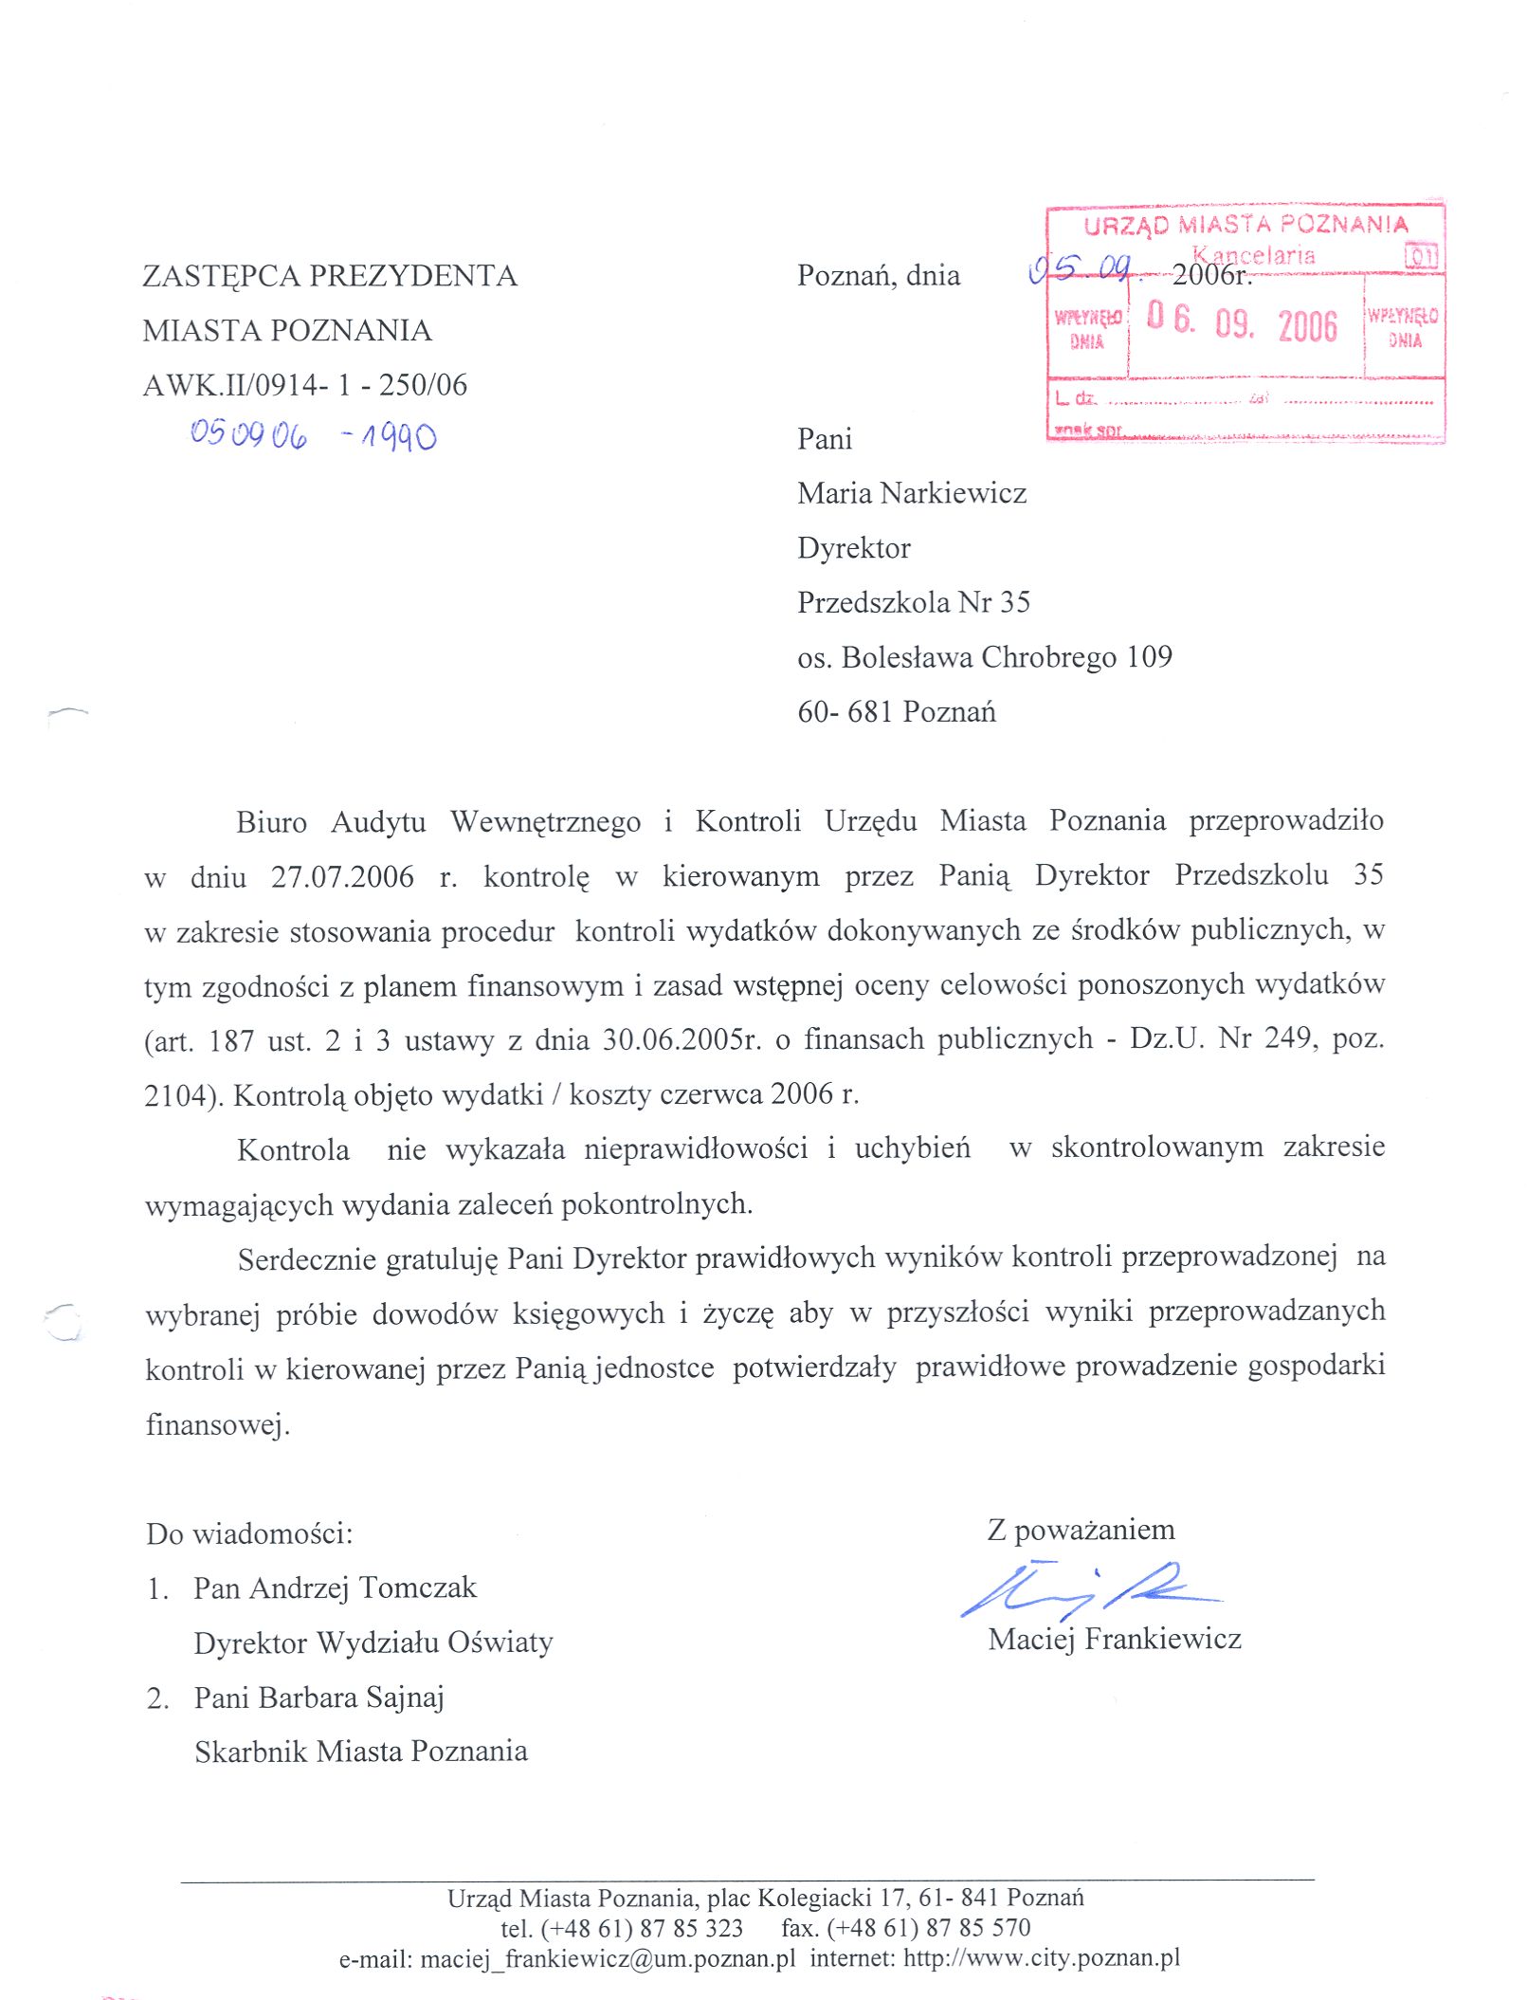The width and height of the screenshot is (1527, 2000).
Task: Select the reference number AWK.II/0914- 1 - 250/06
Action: click(304, 385)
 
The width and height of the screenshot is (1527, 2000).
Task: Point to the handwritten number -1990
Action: click(389, 436)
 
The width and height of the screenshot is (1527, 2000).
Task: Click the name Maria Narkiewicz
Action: click(912, 493)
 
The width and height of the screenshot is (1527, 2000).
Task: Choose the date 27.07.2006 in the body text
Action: click(342, 876)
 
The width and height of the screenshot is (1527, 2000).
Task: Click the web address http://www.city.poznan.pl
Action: click(1042, 1958)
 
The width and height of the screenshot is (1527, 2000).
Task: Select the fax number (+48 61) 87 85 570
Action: click(928, 1928)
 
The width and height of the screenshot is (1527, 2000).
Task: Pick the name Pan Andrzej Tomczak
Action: click(335, 1588)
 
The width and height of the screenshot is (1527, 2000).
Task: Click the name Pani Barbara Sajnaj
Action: click(318, 1697)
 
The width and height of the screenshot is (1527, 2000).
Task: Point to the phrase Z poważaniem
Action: click(1081, 1530)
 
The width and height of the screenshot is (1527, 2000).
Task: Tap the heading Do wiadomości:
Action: click(249, 1534)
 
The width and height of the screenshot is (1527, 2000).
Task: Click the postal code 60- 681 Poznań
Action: click(897, 711)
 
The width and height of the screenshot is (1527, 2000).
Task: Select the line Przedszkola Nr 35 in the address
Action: click(913, 602)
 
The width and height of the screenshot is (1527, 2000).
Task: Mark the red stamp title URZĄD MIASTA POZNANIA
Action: click(1245, 226)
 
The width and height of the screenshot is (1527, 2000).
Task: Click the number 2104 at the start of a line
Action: click(175, 1096)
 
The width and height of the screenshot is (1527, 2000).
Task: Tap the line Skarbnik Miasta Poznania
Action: click(360, 1752)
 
